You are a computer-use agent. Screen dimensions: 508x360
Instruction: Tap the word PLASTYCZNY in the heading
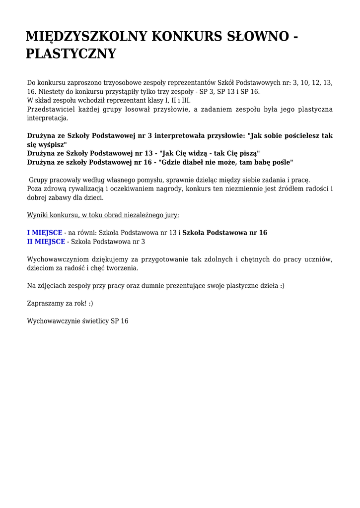pos(71,54)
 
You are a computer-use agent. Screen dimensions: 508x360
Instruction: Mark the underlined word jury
pos(171,215)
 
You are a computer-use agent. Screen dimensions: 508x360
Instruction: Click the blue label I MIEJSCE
pos(45,233)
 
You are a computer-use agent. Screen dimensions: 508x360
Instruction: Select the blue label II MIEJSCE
pos(46,242)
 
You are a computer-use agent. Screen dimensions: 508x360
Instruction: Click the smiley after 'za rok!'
pos(91,303)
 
